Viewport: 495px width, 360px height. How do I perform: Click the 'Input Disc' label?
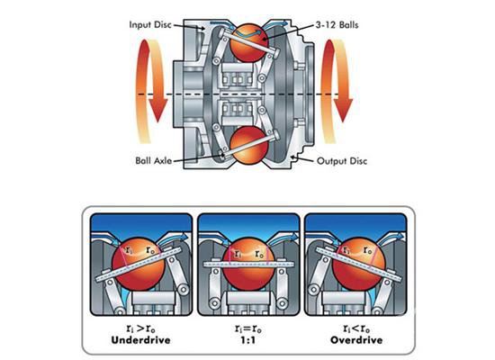150,25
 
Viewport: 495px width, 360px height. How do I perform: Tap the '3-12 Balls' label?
337,24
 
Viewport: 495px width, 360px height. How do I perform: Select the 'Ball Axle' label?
154,160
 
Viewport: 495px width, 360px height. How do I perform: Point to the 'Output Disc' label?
342,161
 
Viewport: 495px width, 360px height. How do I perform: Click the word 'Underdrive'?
140,340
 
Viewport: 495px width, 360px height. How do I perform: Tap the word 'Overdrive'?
356,340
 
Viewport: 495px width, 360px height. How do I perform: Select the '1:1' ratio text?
248,340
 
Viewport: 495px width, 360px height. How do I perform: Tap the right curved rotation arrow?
337,92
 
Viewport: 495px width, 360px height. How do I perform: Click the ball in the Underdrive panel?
139,265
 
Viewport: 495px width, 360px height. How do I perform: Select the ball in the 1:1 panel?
248,265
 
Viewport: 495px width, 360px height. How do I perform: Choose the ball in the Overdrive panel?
359,265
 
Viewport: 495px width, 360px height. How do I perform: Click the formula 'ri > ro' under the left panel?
140,328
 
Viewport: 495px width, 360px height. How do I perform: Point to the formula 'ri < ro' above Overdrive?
356,328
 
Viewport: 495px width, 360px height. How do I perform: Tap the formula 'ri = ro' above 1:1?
248,328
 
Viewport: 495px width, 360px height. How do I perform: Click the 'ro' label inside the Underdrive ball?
150,250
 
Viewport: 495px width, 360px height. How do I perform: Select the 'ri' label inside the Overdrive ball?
346,251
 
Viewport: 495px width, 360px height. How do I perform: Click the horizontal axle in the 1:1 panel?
248,265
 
